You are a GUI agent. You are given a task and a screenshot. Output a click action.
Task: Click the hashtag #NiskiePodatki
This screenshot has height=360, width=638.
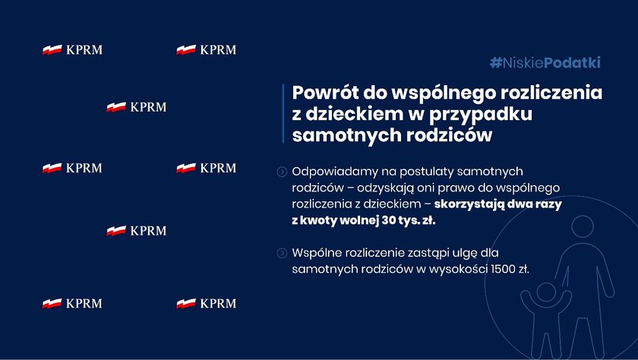[545, 62]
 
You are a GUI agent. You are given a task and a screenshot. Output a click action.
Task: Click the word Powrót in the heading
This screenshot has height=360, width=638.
[325, 93]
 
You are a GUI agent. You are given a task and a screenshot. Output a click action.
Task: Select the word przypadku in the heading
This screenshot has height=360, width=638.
[481, 115]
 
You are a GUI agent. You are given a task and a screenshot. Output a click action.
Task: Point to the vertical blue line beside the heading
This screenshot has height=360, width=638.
[283, 113]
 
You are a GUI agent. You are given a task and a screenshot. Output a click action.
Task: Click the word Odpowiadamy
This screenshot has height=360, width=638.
[335, 172]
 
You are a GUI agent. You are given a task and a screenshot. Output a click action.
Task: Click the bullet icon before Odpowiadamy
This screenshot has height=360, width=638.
[282, 172]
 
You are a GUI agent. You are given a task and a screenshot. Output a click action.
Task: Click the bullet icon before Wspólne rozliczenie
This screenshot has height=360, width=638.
[282, 254]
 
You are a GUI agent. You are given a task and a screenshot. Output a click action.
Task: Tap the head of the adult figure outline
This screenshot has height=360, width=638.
[583, 226]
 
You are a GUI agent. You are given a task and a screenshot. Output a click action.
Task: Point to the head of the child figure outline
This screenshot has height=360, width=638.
[546, 292]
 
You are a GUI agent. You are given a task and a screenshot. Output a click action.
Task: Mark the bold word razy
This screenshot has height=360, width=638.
[548, 204]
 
